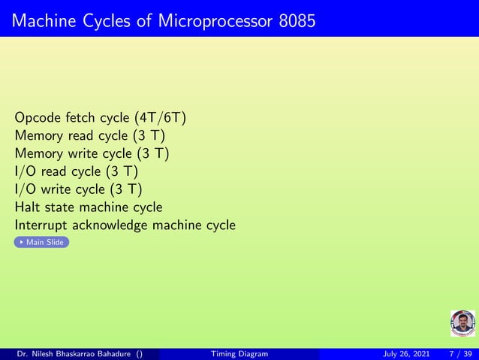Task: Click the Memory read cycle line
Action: pos(90,136)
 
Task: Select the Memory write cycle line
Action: pos(92,154)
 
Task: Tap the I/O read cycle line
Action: pos(76,171)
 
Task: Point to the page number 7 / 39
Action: pos(459,354)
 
